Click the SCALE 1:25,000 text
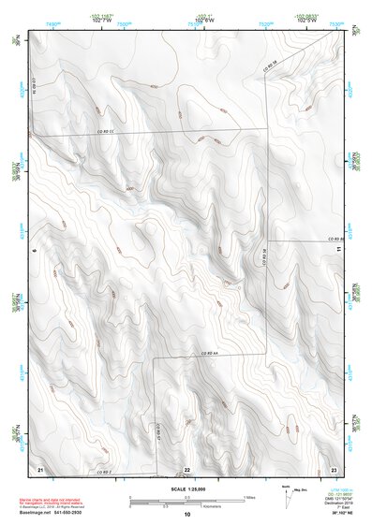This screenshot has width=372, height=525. click(186, 489)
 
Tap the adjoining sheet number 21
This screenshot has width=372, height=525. click(40, 468)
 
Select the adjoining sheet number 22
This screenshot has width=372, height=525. click(186, 469)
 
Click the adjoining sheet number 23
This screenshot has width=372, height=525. click(334, 468)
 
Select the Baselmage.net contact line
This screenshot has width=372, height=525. click(52, 512)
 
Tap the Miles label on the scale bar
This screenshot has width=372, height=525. click(248, 496)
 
